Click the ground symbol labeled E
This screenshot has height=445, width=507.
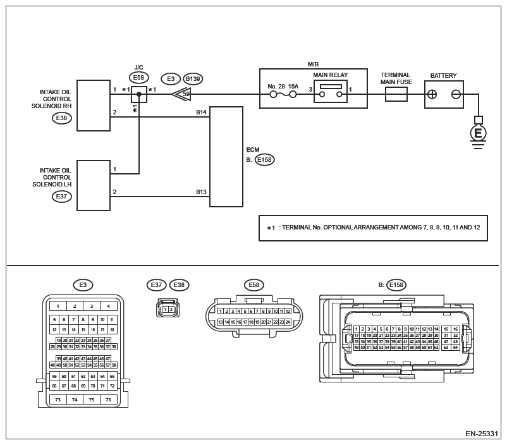(x=478, y=133)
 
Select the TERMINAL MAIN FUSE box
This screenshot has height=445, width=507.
(x=396, y=94)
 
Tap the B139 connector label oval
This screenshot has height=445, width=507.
(x=193, y=79)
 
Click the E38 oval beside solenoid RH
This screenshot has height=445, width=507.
(x=62, y=118)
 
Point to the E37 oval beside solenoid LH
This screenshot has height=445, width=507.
(x=62, y=197)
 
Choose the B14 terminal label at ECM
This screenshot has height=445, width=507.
(x=201, y=113)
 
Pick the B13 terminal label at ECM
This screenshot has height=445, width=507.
(x=201, y=192)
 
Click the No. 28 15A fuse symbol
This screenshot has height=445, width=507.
(x=284, y=95)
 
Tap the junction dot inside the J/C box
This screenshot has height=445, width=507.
(x=139, y=94)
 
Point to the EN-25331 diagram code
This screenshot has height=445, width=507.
(x=482, y=434)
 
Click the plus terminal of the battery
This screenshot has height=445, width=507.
(x=432, y=94)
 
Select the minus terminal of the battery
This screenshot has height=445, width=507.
(x=455, y=94)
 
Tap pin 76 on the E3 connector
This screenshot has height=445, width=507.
(x=108, y=399)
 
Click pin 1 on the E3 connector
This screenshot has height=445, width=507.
(x=58, y=306)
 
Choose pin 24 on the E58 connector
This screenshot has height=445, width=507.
(x=288, y=322)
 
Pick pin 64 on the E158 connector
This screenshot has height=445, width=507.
(x=455, y=347)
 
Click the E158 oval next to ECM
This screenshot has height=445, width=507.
(x=264, y=160)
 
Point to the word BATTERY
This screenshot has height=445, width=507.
(x=443, y=76)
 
